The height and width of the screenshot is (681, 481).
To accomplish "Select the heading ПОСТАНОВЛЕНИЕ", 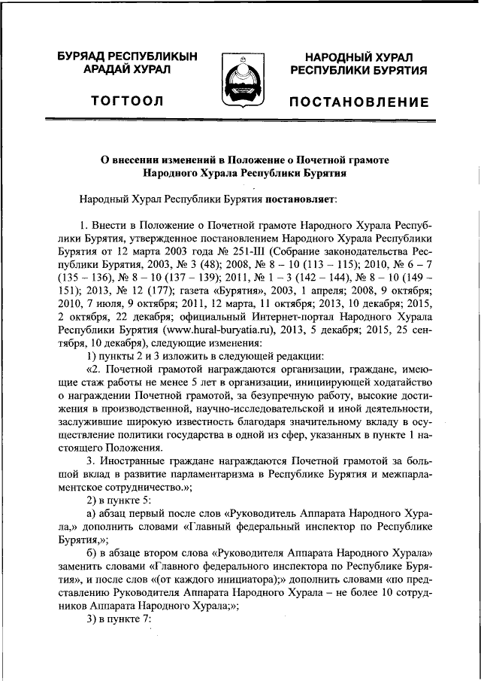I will [x=359, y=102].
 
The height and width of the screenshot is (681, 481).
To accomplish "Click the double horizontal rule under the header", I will [x=240, y=120].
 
